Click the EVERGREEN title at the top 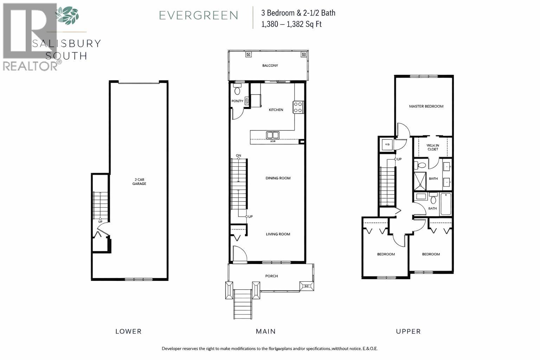pos(199,15)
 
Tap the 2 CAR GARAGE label pos(139,182)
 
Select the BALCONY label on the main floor pos(270,65)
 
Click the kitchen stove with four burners pos(298,107)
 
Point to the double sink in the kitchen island pos(272,135)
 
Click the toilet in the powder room pos(237,90)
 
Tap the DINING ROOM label pos(278,178)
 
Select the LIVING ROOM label pos(278,234)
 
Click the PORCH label pos(271,276)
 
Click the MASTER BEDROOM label pos(426,106)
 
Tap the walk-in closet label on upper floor pos(433,147)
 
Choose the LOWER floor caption pos(128,331)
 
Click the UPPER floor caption pos(408,331)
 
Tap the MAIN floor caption pos(266,331)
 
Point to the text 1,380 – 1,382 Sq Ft pos(291,24)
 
